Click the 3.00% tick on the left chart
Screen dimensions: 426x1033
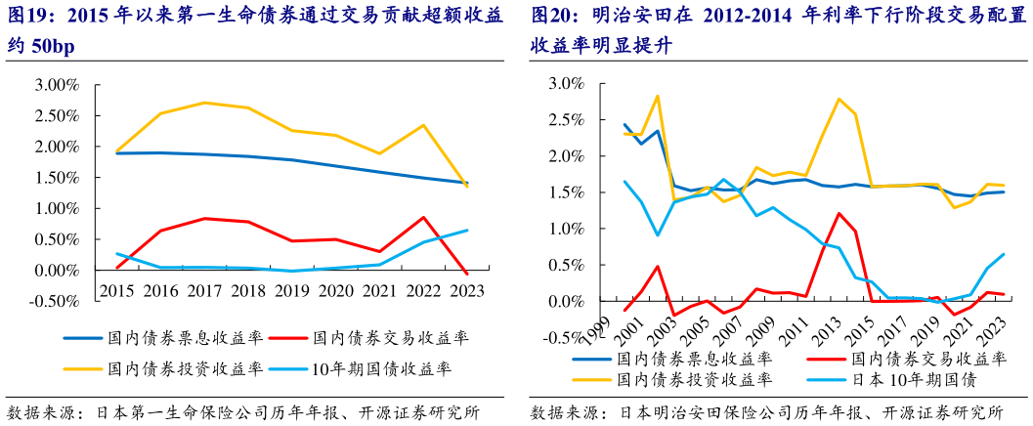point(57,86)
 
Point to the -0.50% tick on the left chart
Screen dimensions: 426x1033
point(55,300)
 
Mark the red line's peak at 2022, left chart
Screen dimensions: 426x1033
point(421,217)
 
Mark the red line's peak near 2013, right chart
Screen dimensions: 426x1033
point(839,213)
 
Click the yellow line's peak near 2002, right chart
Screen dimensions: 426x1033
point(657,96)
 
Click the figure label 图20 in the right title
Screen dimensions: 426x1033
point(553,17)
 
